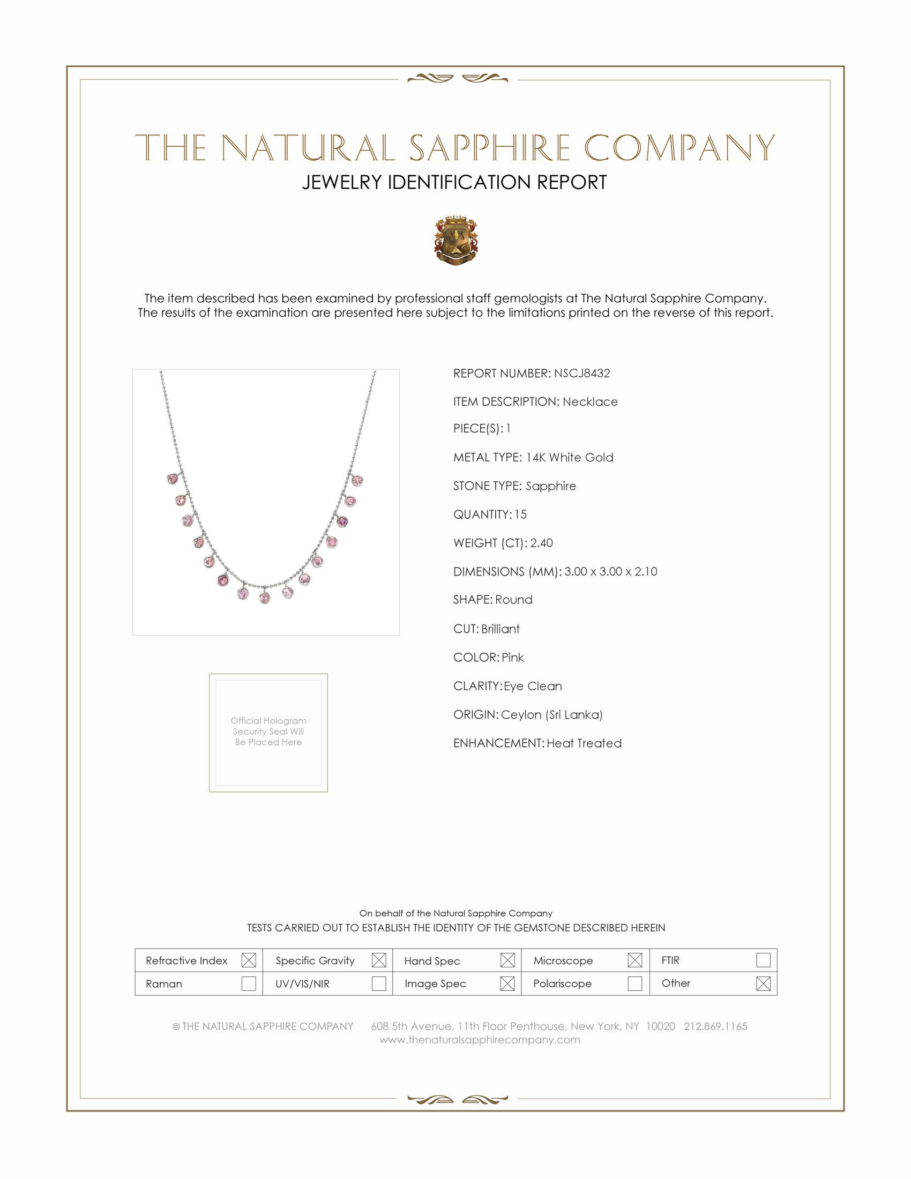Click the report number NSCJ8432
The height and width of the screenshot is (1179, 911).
click(x=582, y=373)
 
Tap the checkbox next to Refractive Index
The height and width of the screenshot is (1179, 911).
click(x=248, y=960)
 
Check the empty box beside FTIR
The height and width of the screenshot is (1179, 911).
click(x=763, y=960)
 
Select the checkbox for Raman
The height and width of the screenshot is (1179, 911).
click(x=248, y=983)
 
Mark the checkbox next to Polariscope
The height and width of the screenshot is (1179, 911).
click(x=634, y=983)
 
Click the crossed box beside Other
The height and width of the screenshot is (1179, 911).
click(x=763, y=983)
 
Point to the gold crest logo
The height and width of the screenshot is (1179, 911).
click(x=456, y=241)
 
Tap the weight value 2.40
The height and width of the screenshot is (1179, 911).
click(x=541, y=543)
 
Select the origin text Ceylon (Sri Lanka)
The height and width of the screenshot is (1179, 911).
click(x=551, y=715)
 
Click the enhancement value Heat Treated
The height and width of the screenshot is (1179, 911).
click(x=584, y=743)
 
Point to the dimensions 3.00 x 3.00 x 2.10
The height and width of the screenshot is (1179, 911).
click(x=610, y=572)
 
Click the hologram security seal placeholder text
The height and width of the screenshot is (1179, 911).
click(x=268, y=732)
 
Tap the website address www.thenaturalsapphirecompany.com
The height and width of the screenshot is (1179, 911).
click(x=479, y=1040)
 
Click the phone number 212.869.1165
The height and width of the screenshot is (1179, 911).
click(x=715, y=1026)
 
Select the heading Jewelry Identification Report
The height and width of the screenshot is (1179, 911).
click(x=454, y=182)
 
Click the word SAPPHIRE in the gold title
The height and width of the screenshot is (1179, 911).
click(x=489, y=148)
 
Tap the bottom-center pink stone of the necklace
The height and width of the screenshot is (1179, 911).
click(x=265, y=598)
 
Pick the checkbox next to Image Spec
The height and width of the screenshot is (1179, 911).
click(x=507, y=983)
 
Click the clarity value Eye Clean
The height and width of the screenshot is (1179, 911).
click(x=533, y=686)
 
